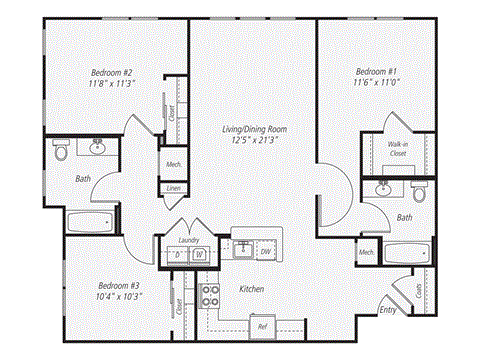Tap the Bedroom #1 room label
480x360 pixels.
377,72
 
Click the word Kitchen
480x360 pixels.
251,289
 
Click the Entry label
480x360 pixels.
387,311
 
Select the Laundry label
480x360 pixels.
188,240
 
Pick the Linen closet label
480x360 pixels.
173,188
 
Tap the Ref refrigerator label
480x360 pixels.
261,326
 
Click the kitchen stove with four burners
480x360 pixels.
211,295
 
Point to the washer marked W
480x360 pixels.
199,255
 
